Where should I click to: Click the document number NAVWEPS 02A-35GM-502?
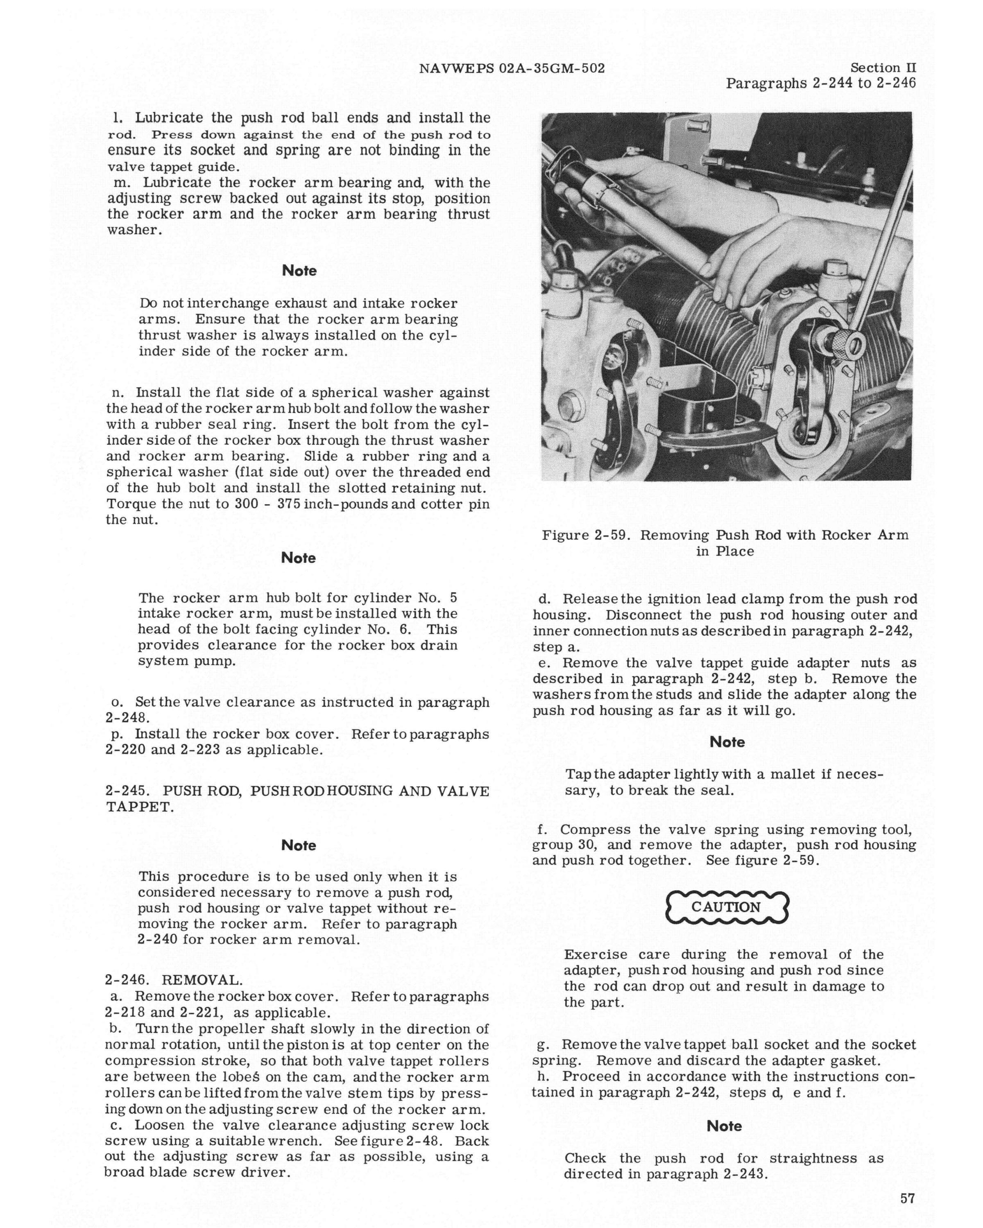511,69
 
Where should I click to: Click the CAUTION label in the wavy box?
726,907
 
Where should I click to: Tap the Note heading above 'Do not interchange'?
299,271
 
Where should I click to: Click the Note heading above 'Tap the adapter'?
727,742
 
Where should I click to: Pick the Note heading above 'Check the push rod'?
724,1126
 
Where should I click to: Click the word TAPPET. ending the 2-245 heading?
140,807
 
